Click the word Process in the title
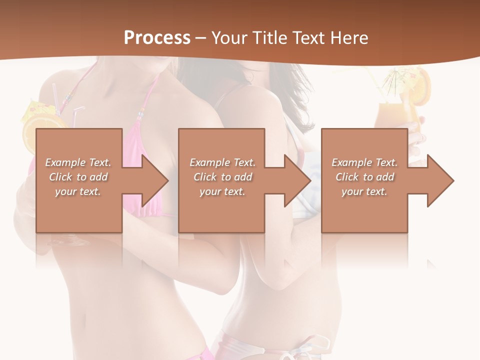157,37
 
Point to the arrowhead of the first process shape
154,180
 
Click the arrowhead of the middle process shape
297,180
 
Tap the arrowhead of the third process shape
440,180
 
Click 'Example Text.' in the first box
78,162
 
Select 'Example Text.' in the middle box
222,162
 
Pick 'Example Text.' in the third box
364,162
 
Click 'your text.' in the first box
78,191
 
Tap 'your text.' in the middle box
222,191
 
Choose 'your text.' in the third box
364,191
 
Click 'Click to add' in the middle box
222,177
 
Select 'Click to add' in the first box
78,177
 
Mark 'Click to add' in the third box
364,177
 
